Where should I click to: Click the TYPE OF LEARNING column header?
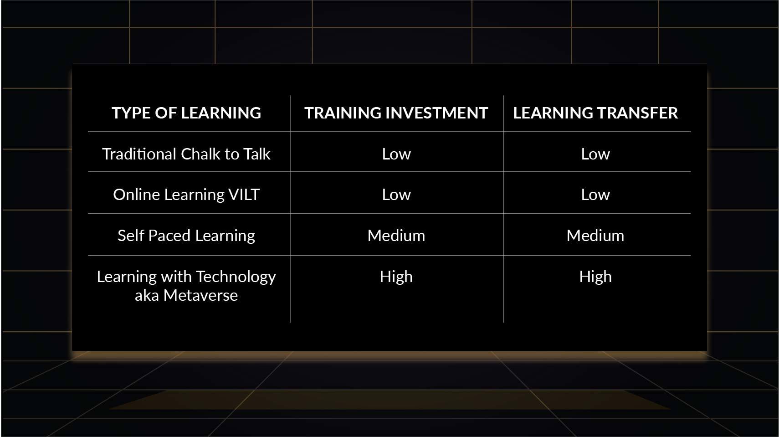point(186,113)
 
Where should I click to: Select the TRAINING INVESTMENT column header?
point(396,113)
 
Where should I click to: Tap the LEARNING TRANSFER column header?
point(595,113)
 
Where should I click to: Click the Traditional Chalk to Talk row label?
point(186,154)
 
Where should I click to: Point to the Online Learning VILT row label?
point(186,195)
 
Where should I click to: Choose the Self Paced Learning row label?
point(186,236)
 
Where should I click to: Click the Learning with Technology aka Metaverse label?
point(186,286)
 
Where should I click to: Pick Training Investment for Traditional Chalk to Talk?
point(396,154)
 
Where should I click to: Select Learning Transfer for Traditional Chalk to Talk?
point(595,154)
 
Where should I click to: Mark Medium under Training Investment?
point(396,236)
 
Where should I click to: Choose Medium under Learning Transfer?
point(595,236)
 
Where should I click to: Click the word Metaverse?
point(200,295)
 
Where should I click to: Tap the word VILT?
point(244,195)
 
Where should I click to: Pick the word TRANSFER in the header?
point(637,113)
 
